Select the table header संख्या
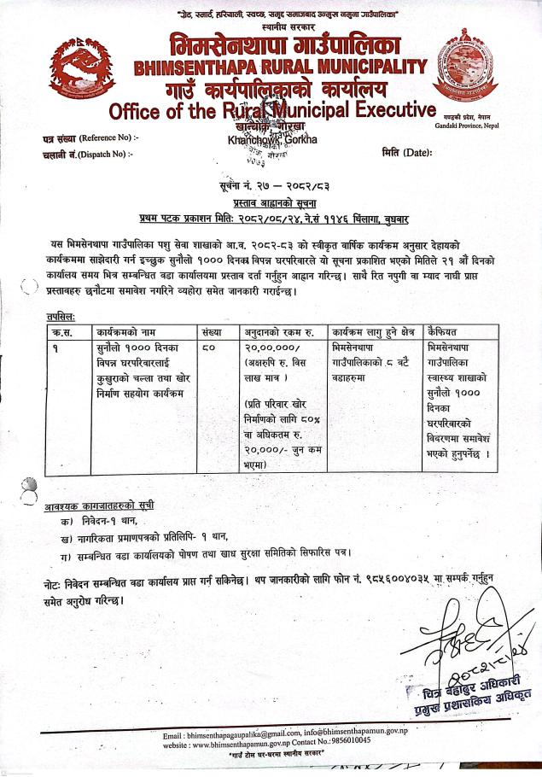tap(213, 330)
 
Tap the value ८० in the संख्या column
tap(210, 348)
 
